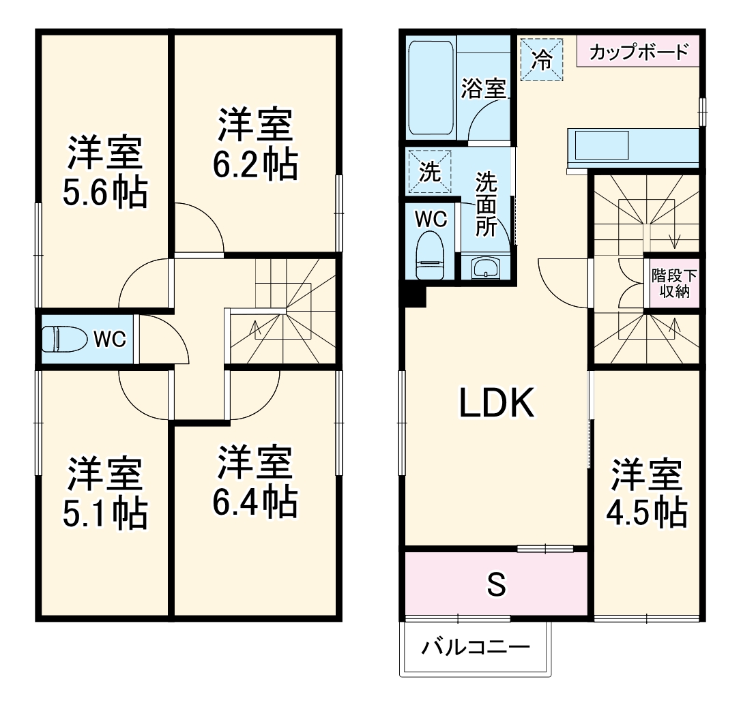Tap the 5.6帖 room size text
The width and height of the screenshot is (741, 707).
pos(105,194)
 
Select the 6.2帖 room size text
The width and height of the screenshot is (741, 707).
pos(256,165)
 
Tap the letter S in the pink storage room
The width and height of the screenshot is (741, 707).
pos(496,584)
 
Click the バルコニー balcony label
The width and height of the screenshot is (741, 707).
pos(475,646)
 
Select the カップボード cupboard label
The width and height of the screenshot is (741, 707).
pos(638,52)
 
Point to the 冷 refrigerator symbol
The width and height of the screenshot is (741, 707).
pos(542,60)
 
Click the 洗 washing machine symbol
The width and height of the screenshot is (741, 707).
pos(429,172)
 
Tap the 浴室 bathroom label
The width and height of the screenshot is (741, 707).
pos(483,89)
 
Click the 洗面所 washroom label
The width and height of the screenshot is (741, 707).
pos(486,205)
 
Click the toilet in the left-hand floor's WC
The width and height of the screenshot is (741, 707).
pos(64,339)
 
